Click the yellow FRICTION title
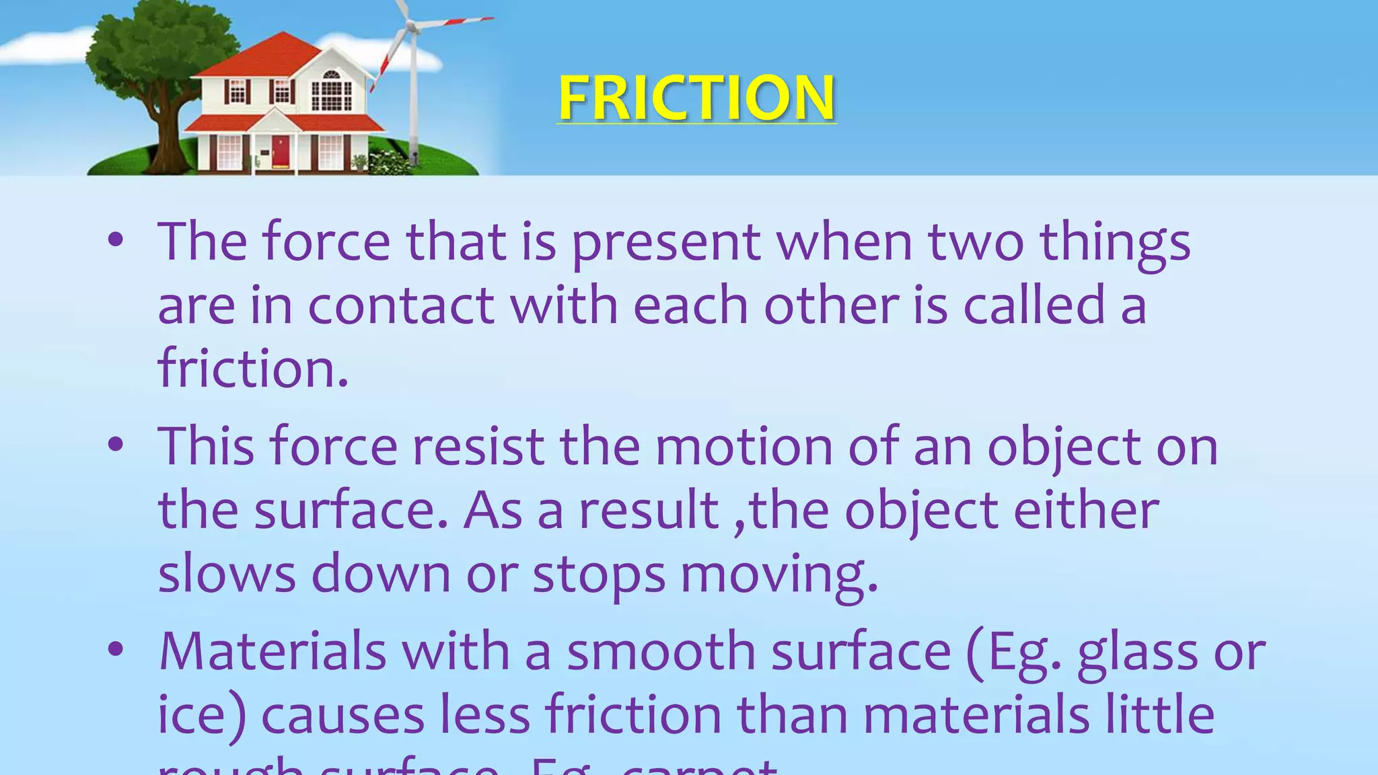pos(696,98)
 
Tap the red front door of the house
pos(281,151)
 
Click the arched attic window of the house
pos(332,75)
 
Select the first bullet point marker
pos(116,240)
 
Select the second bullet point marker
pos(116,445)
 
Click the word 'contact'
pos(401,306)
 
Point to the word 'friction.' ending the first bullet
pos(253,369)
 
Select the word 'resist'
pos(478,447)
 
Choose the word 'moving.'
pos(779,575)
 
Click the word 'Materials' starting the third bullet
pos(273,651)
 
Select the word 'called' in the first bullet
pos(1034,306)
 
